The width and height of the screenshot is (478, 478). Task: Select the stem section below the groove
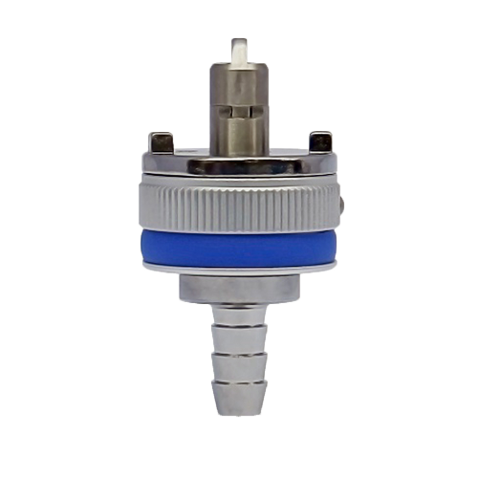point(238,134)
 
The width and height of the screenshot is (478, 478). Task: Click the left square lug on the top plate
point(161,142)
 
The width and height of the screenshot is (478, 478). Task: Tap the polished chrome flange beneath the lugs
point(238,166)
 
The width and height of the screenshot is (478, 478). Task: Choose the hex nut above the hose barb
point(238,288)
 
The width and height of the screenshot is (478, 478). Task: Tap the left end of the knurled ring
point(141,203)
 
